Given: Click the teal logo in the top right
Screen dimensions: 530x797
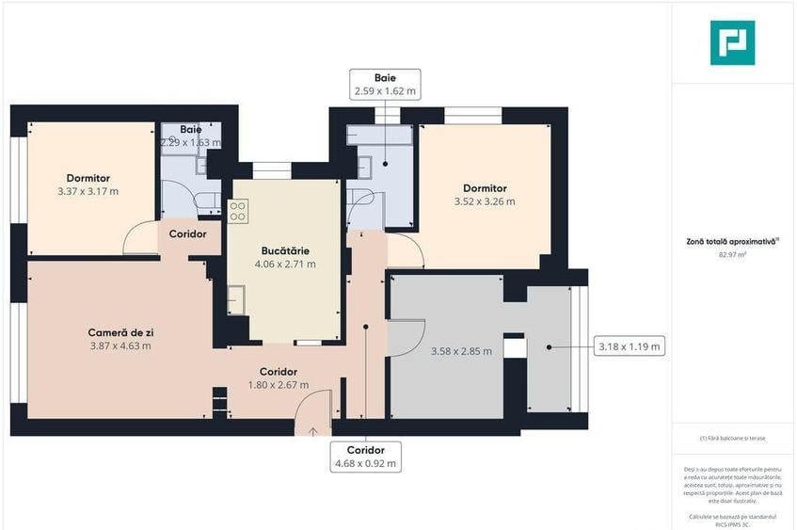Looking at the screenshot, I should tap(732, 42).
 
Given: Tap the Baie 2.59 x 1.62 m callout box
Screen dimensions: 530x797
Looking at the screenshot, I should tap(385, 85).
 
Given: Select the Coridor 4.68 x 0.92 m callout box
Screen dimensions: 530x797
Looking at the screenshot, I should tap(365, 457).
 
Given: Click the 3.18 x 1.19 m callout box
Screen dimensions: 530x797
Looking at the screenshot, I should tap(629, 346).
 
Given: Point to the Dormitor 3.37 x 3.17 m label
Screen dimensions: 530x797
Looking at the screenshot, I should tap(88, 185).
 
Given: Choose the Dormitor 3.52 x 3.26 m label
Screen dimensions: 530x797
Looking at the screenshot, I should tap(485, 194).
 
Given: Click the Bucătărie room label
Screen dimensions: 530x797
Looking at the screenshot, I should tap(285, 257).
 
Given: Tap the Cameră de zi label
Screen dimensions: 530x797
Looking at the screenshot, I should tap(120, 339).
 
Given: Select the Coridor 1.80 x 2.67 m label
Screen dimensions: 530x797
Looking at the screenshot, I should tap(279, 377).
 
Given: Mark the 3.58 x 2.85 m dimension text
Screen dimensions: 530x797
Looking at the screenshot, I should tap(462, 351).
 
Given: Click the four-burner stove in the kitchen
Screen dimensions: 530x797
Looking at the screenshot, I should tap(237, 210).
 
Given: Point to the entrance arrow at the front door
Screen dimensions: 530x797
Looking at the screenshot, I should tap(313, 431).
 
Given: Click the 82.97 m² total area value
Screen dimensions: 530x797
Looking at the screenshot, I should tap(732, 254).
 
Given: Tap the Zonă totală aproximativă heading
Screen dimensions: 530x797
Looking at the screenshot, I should tap(732, 242).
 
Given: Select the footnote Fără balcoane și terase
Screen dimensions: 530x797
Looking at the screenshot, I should tap(732, 439).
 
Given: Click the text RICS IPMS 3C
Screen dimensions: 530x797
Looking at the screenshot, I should tap(732, 523).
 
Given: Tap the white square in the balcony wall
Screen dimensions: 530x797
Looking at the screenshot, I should tap(513, 348).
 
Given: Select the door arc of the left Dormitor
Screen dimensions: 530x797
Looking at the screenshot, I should tap(140, 237).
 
